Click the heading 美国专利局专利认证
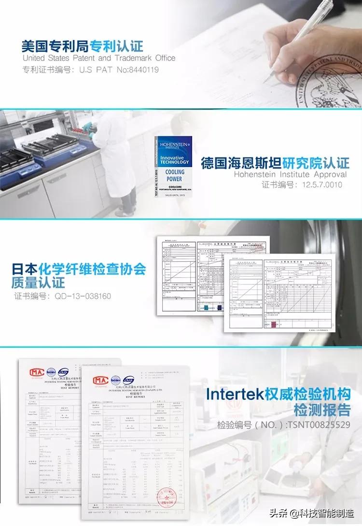[83, 46]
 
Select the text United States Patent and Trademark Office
[99, 58]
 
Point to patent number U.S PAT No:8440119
[90, 70]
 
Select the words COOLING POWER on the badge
[174, 175]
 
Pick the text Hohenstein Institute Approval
[290, 174]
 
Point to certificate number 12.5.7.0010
[302, 185]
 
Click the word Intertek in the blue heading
[235, 394]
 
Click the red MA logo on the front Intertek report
[98, 380]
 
